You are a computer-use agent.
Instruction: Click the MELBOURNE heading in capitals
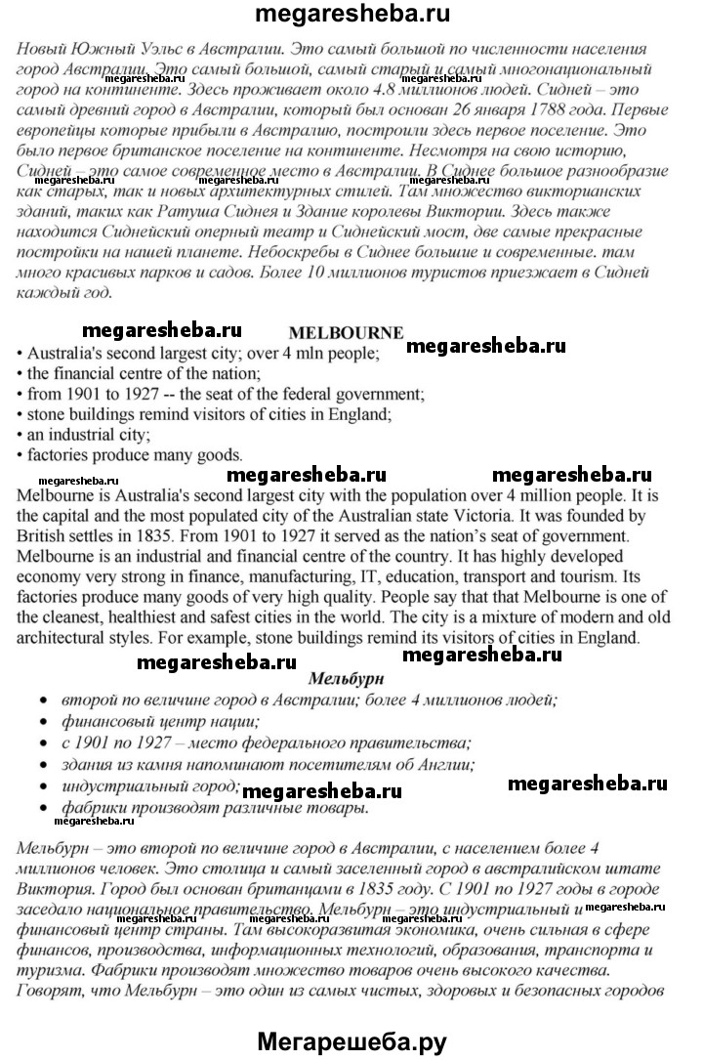coord(347,332)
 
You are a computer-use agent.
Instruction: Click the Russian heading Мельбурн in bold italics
coord(346,678)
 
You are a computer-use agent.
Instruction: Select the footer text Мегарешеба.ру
coord(352,1039)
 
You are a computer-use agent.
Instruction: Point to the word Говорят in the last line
coord(50,994)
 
